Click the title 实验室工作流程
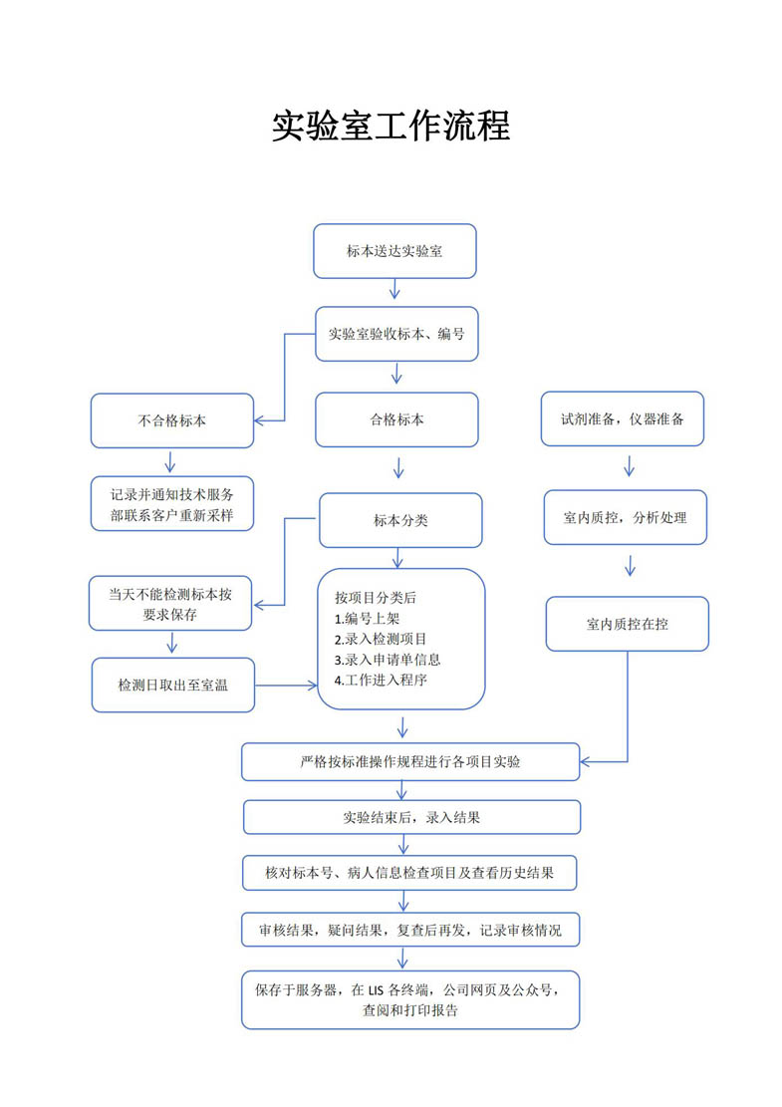(x=391, y=127)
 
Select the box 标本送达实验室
(x=394, y=251)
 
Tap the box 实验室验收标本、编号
(x=396, y=334)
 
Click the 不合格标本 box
(x=172, y=420)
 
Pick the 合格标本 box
(x=396, y=420)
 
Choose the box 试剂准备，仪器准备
(x=623, y=418)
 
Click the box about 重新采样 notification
(x=172, y=504)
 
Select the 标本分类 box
(x=400, y=520)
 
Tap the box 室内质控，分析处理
(x=626, y=517)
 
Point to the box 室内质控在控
(x=628, y=624)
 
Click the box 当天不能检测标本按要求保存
(x=170, y=604)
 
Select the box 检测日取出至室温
(x=173, y=685)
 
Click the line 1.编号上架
(x=367, y=619)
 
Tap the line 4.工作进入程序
(x=381, y=681)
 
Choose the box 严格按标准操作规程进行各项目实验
(x=410, y=762)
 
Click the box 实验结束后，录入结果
(x=412, y=817)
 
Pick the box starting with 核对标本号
(x=410, y=873)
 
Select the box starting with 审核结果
(x=410, y=930)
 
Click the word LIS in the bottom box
(x=376, y=990)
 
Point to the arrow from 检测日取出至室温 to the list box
(x=287, y=685)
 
